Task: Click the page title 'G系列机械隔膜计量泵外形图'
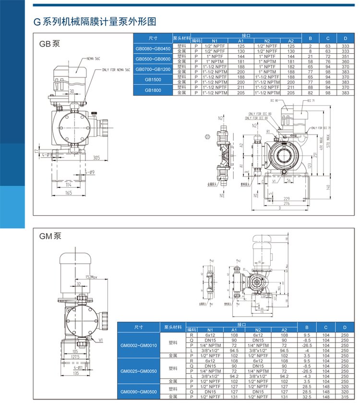(94, 22)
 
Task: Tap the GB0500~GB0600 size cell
(153, 59)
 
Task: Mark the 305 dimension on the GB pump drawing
(96, 158)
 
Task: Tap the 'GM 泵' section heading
(50, 236)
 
